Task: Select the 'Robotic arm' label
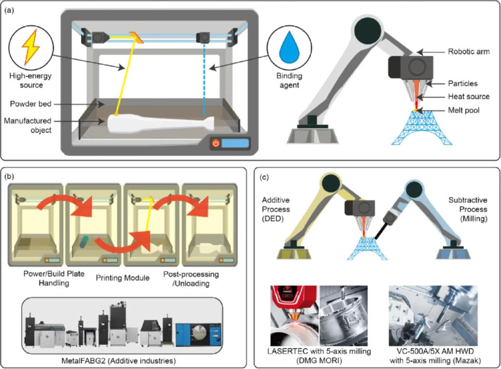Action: [x=468, y=51]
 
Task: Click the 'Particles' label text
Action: [x=462, y=83]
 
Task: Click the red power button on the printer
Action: [x=215, y=144]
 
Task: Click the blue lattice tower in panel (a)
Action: [x=414, y=128]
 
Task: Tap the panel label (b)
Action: [x=10, y=175]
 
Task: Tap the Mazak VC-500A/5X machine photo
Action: [x=433, y=316]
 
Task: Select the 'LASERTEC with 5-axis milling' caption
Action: [x=319, y=352]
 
